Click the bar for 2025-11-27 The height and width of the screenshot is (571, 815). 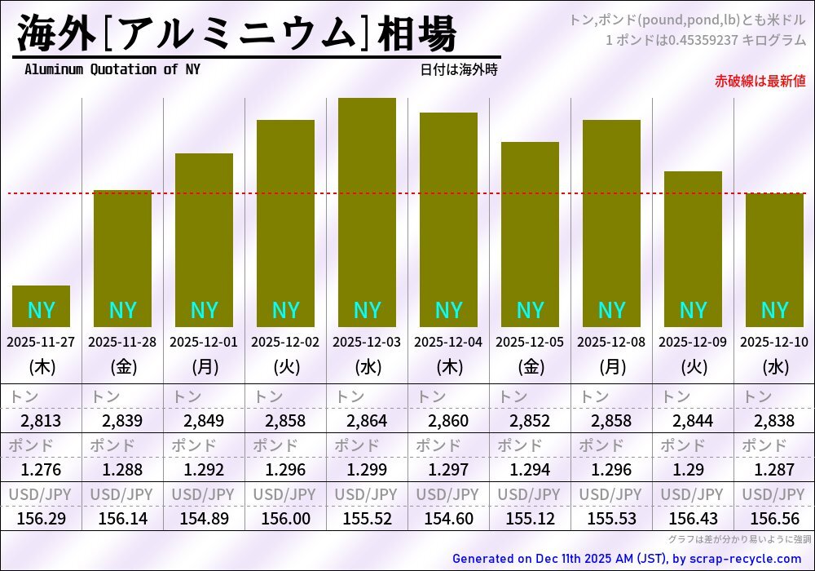click(41, 306)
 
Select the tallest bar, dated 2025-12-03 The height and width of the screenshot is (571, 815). click(367, 212)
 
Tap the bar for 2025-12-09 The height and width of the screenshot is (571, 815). click(693, 249)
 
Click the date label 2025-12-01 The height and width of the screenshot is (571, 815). click(204, 342)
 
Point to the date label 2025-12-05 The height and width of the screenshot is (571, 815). click(530, 342)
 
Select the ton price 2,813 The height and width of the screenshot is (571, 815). click(41, 421)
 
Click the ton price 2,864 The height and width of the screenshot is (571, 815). click(367, 421)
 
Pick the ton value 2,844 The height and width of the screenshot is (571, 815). click(693, 421)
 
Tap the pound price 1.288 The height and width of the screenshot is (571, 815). click(122, 470)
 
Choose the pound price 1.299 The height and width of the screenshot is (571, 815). click(367, 470)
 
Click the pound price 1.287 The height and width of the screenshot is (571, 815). click(774, 470)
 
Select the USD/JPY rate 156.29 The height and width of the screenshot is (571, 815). click(41, 518)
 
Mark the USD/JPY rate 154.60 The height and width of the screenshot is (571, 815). click(448, 518)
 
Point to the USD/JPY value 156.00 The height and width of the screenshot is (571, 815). click(285, 518)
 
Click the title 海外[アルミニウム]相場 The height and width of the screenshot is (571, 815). click(236, 34)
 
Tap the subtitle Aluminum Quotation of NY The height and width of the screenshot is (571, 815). click(112, 69)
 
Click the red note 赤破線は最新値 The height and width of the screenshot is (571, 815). click(760, 81)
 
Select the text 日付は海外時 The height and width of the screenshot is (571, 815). click(459, 70)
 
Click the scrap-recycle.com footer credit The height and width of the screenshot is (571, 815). click(626, 559)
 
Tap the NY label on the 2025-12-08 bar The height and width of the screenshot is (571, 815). click(611, 310)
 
